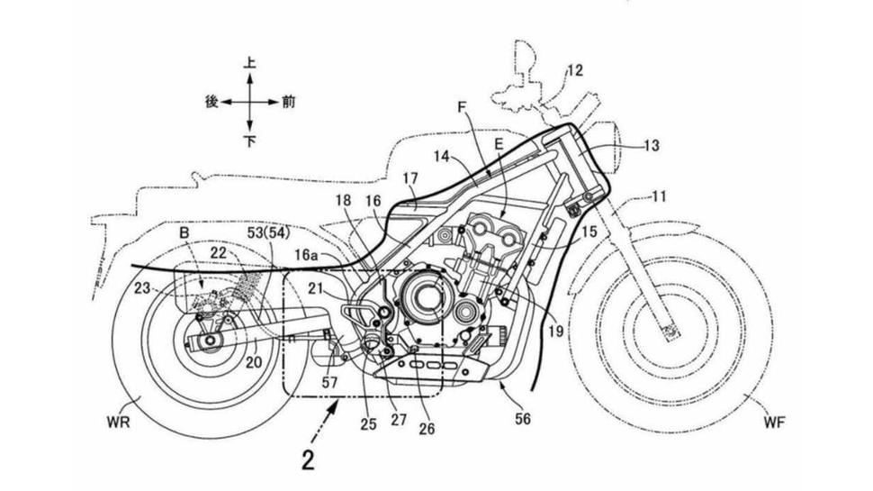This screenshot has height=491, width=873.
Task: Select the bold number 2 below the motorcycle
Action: point(308,461)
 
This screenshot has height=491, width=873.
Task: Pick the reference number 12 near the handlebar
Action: point(573,70)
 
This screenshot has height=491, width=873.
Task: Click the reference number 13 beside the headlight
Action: point(651,144)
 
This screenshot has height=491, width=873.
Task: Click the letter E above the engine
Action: point(498,143)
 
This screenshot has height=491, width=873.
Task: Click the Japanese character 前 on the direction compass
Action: point(287,102)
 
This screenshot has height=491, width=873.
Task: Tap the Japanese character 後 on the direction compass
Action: point(212,102)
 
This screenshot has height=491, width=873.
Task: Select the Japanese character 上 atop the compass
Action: point(250,64)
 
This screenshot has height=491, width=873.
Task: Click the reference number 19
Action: point(555,332)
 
